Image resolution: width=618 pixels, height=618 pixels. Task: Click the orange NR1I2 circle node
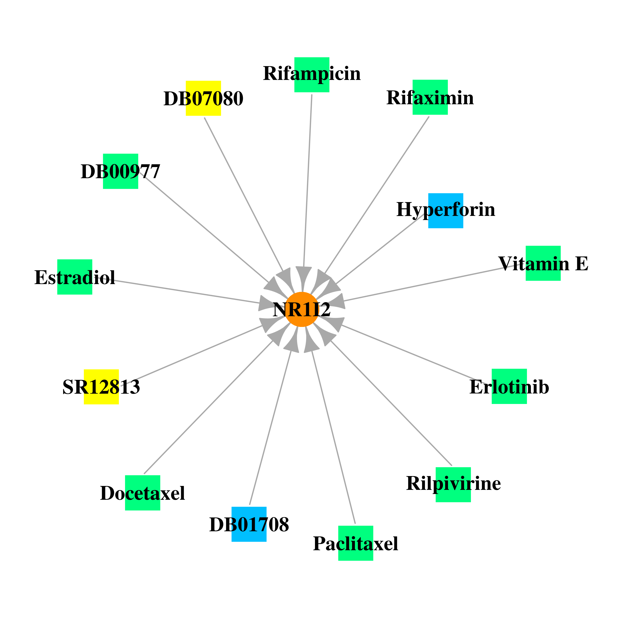[302, 309]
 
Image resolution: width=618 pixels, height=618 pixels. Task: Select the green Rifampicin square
[312, 75]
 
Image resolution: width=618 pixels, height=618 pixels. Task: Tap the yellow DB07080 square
[204, 98]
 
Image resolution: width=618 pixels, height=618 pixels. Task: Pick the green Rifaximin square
[430, 97]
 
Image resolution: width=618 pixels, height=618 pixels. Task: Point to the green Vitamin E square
[543, 263]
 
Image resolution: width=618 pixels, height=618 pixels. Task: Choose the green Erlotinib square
[509, 386]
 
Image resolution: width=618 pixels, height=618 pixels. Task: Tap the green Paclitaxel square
[356, 543]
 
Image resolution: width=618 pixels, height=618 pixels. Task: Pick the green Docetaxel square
[143, 493]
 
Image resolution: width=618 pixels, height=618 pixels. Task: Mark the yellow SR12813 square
[101, 387]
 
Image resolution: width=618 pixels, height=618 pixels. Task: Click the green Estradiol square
[75, 277]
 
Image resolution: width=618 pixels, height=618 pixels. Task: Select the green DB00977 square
[121, 171]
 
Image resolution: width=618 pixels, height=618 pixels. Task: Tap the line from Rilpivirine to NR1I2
[391, 403]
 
